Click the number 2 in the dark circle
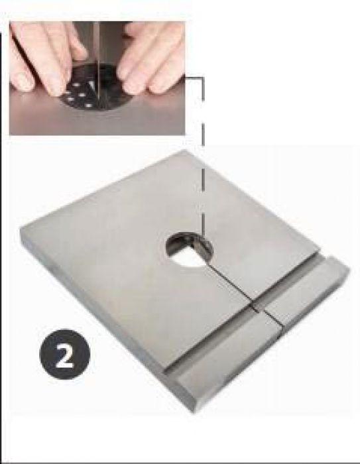click(65, 354)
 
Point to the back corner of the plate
click(184, 150)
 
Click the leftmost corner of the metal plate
click(21, 229)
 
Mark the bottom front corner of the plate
click(190, 412)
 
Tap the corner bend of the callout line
click(203, 78)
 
